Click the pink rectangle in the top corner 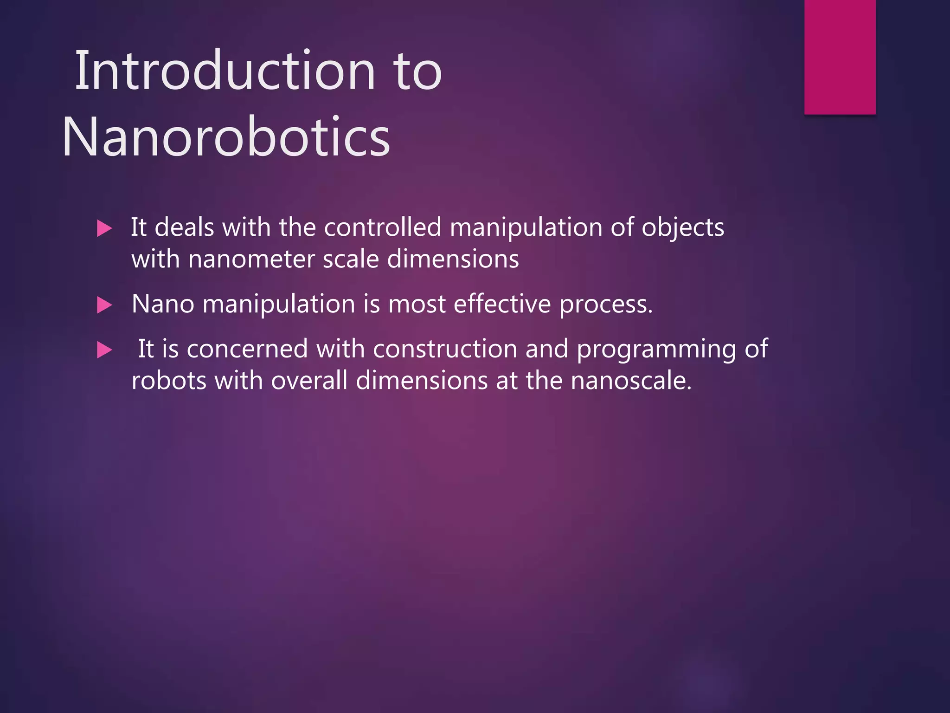click(840, 57)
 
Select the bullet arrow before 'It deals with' click(104, 228)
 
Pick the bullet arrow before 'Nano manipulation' click(104, 305)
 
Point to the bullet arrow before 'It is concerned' click(104, 350)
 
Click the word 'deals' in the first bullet click(184, 227)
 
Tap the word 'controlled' click(382, 227)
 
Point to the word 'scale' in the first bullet click(351, 259)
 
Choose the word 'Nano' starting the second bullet click(163, 304)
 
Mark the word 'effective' click(502, 304)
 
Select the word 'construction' click(445, 349)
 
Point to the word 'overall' click(309, 381)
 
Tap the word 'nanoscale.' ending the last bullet click(631, 381)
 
